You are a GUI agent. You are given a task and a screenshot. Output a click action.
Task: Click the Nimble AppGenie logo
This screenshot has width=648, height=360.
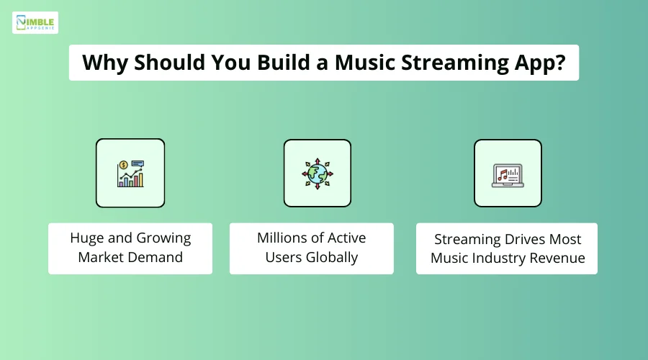coord(35,22)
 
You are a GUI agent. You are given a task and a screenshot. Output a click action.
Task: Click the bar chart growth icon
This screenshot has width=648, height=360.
coord(130,174)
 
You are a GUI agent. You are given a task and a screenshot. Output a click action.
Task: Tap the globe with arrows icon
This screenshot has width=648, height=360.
coord(317,174)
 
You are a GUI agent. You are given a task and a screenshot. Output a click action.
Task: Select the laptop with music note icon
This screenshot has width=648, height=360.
coord(508,174)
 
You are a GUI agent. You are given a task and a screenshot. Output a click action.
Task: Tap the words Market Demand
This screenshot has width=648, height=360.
coord(130,258)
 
